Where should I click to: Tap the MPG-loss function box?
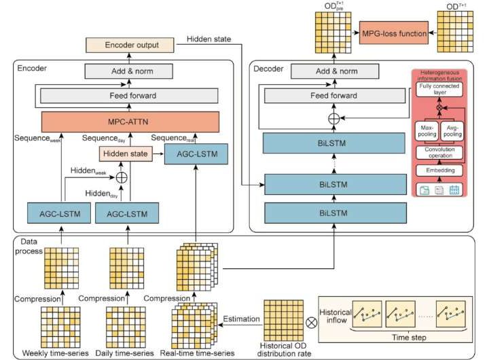(x=390, y=32)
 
